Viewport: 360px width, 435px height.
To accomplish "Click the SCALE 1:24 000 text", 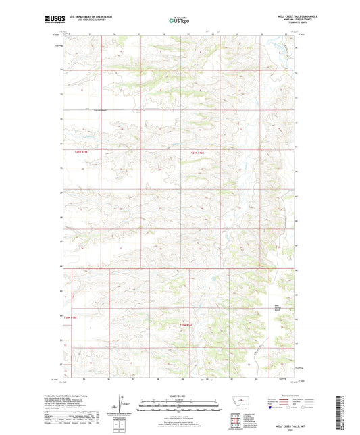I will [x=180, y=396].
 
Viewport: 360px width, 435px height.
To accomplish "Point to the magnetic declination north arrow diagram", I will [x=121, y=405].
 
